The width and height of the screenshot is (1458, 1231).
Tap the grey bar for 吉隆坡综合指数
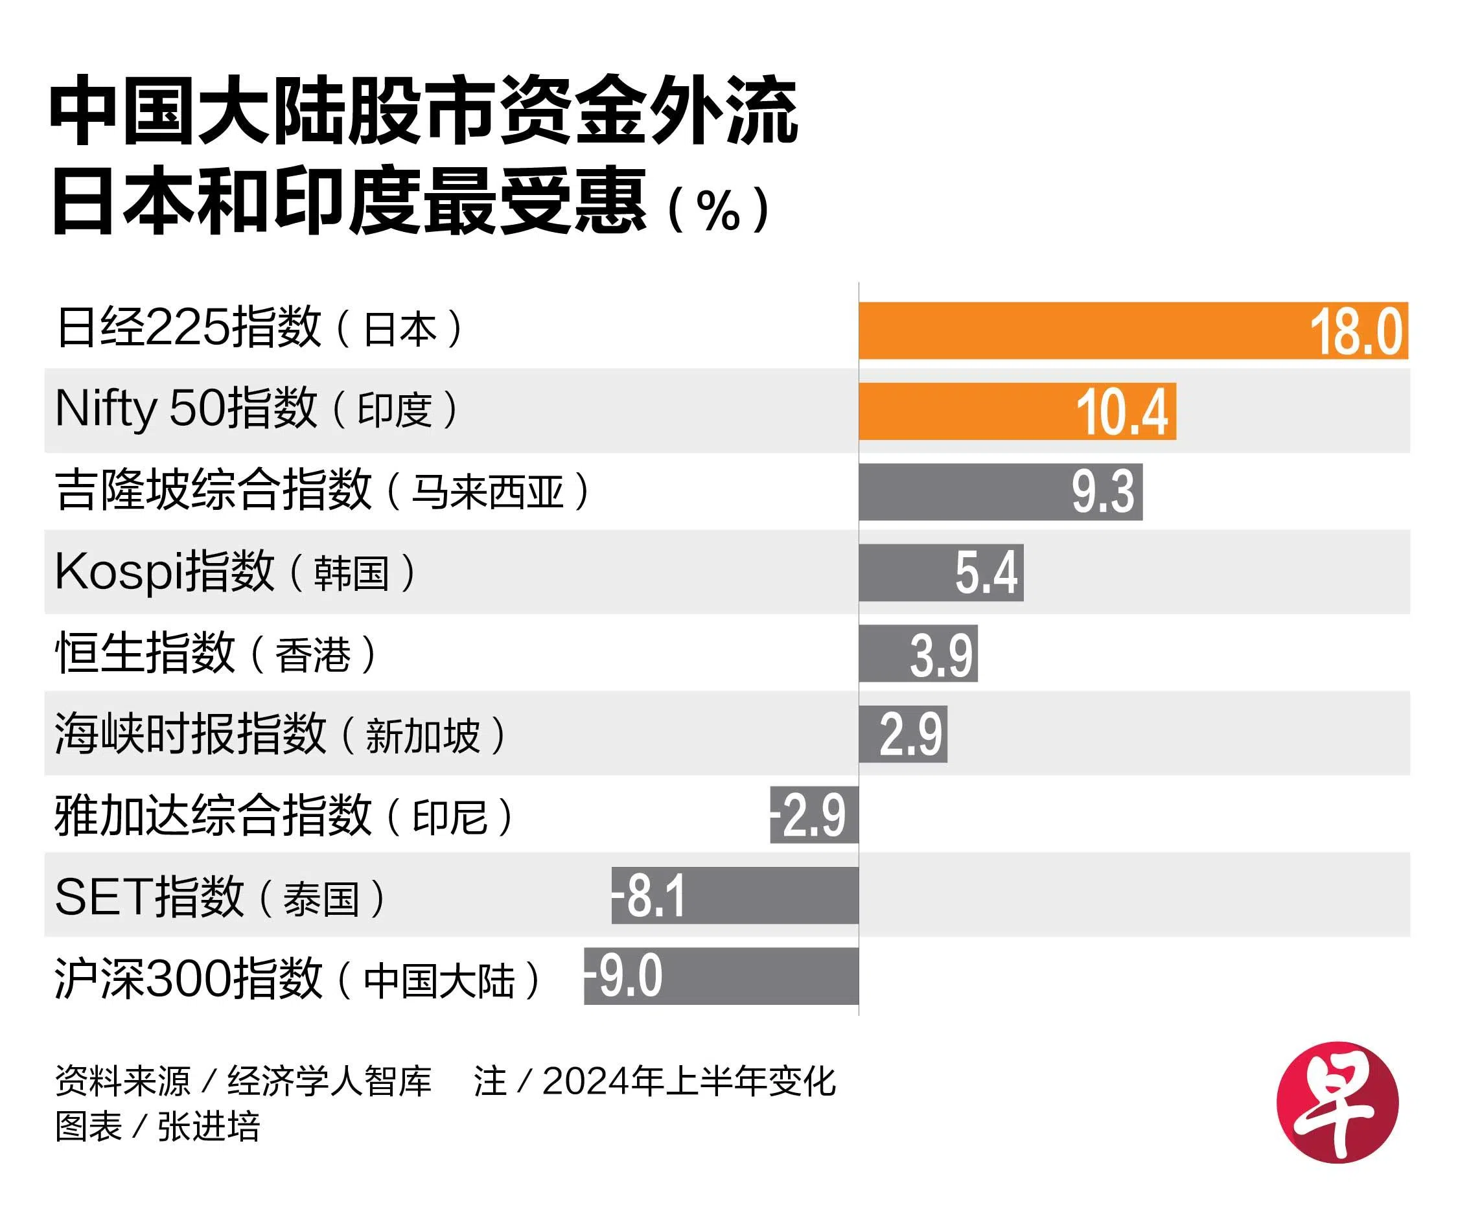[963, 491]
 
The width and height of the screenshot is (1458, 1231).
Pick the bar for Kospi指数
[907, 572]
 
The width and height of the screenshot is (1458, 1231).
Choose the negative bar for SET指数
[768, 895]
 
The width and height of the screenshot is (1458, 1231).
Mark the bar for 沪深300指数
[754, 976]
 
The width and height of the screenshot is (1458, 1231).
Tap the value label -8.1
[649, 895]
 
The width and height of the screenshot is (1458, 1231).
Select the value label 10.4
[1122, 413]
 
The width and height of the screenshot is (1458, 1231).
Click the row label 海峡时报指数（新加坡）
[279, 734]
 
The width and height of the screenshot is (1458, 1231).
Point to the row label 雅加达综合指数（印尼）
[283, 815]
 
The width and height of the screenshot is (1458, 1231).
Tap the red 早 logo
[1337, 1103]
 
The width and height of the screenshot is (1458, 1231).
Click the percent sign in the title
[718, 210]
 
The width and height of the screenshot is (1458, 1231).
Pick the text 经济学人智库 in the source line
[329, 1081]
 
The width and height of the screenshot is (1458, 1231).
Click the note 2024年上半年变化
[688, 1081]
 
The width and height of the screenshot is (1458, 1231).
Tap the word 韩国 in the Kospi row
[351, 573]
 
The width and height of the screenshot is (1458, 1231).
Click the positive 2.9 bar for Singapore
[903, 734]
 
